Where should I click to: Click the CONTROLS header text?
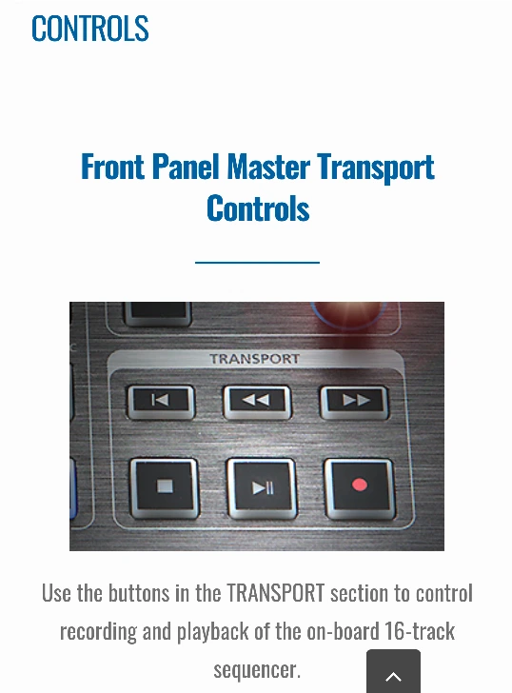pyautogui.click(x=90, y=29)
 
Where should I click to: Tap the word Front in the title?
pyautogui.click(x=112, y=167)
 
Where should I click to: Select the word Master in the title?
pyautogui.click(x=268, y=167)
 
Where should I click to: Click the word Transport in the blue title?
pyautogui.click(x=376, y=168)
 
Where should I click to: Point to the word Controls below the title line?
pyautogui.click(x=258, y=208)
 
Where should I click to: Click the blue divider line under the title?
pyautogui.click(x=257, y=263)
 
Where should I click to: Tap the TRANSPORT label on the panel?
pyautogui.click(x=255, y=359)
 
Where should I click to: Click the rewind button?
pyautogui.click(x=257, y=402)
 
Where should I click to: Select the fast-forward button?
pyautogui.click(x=354, y=402)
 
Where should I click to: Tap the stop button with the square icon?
pyautogui.click(x=165, y=487)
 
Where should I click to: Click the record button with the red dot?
pyautogui.click(x=360, y=487)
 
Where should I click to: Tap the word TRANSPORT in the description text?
pyautogui.click(x=276, y=593)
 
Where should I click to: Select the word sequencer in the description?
pyautogui.click(x=257, y=670)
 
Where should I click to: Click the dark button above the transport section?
pyautogui.click(x=158, y=313)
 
